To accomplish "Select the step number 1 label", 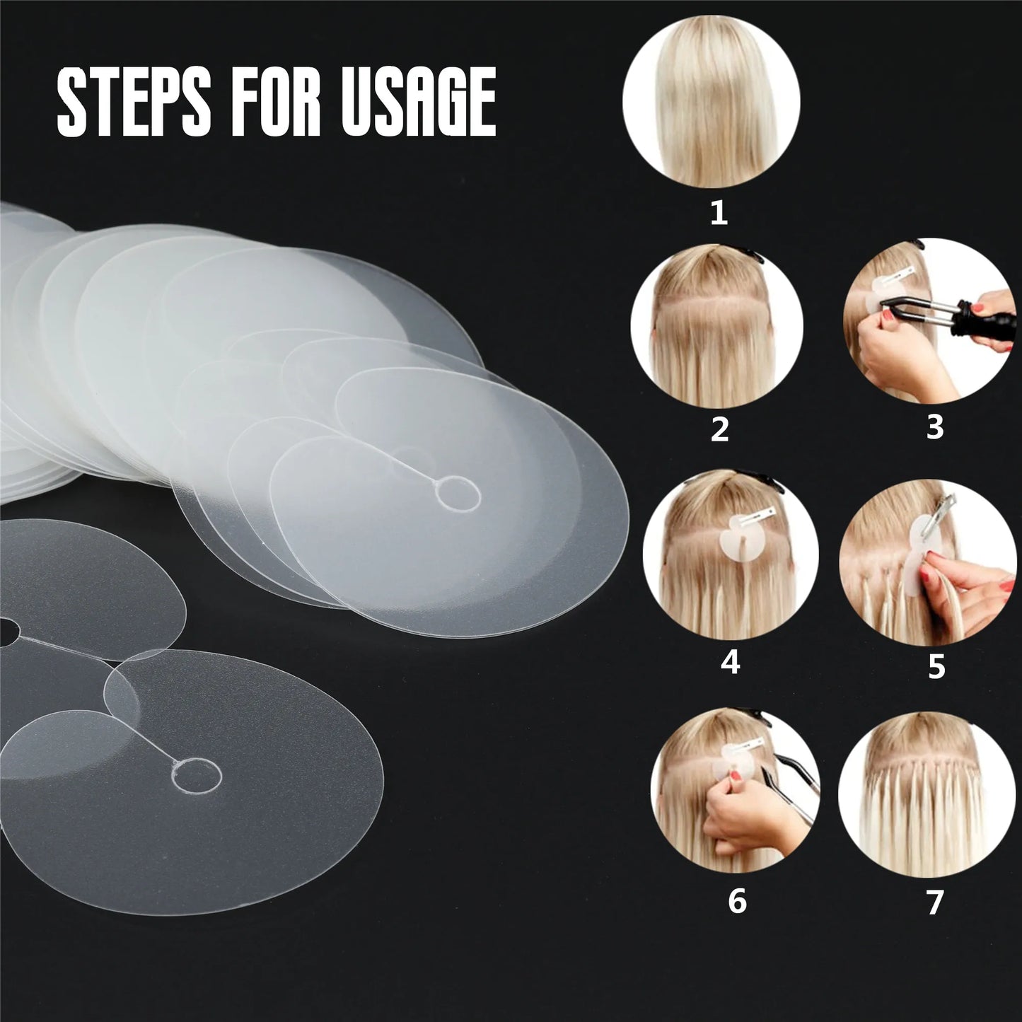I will (719, 212).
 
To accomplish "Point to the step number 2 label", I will (719, 430).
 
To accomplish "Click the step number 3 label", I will (935, 426).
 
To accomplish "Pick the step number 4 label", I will (730, 663).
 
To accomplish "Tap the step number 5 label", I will (936, 667).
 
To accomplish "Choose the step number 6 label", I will (737, 902).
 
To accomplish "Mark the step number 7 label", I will (935, 902).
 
